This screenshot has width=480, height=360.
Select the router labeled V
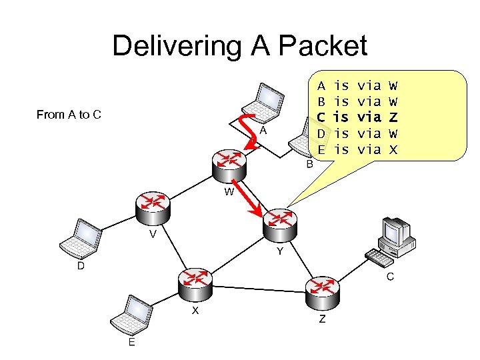click(x=153, y=206)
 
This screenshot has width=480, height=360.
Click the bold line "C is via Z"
click(x=357, y=117)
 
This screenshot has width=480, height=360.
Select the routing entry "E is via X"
click(x=357, y=150)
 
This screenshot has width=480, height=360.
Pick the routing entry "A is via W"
click(x=357, y=85)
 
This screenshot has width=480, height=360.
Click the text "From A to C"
click(x=69, y=115)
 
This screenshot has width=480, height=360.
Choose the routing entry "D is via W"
click(x=357, y=133)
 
